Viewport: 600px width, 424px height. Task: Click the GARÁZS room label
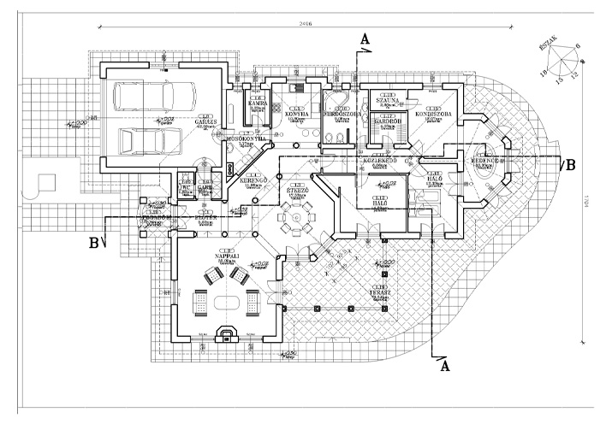click(x=205, y=121)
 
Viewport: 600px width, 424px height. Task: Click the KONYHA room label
click(x=296, y=113)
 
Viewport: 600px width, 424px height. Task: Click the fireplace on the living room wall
click(x=227, y=334)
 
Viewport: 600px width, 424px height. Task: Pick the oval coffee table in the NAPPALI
click(x=229, y=303)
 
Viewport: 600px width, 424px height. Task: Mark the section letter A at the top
click(x=366, y=39)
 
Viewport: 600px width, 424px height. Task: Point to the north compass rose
click(x=566, y=64)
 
